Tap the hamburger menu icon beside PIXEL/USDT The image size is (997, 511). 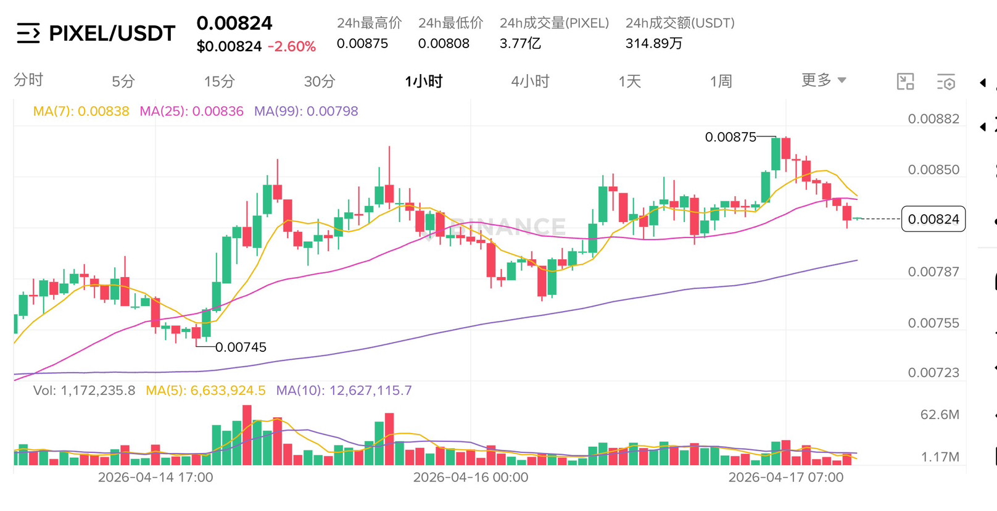[x=28, y=33]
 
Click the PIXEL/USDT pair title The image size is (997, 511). [x=112, y=33]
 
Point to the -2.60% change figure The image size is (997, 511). [x=291, y=46]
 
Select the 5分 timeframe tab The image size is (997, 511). [x=123, y=81]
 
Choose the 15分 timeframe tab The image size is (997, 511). [x=219, y=81]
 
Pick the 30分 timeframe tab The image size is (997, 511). [x=319, y=81]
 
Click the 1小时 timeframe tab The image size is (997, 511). [x=423, y=81]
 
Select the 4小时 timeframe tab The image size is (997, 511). [x=529, y=81]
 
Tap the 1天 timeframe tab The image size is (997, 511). [x=629, y=81]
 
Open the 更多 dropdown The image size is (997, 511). [x=823, y=80]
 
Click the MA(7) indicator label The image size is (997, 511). [x=81, y=111]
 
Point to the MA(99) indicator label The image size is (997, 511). [x=306, y=111]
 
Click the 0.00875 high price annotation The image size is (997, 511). [x=730, y=137]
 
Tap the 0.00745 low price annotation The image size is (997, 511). [x=241, y=347]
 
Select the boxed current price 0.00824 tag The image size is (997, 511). [x=933, y=219]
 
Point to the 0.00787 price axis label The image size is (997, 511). [x=933, y=272]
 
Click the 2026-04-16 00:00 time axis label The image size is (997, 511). [x=470, y=477]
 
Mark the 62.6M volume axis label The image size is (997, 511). [x=939, y=415]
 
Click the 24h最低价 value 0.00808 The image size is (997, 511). [x=444, y=43]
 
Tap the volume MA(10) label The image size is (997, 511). [x=344, y=391]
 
